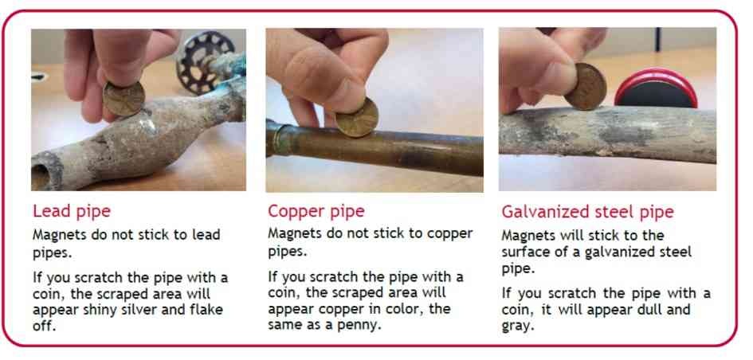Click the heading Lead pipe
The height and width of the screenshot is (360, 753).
coord(72,211)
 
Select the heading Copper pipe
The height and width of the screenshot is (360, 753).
coord(316,211)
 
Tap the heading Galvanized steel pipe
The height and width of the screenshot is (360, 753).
coord(587,212)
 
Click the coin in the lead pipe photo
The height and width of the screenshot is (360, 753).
coord(124,99)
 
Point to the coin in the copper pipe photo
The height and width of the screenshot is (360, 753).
coord(357,116)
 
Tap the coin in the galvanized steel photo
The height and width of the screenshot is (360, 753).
coord(585,87)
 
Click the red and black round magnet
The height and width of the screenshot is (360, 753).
coord(656,88)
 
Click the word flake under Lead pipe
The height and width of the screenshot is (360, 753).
coord(208,310)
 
